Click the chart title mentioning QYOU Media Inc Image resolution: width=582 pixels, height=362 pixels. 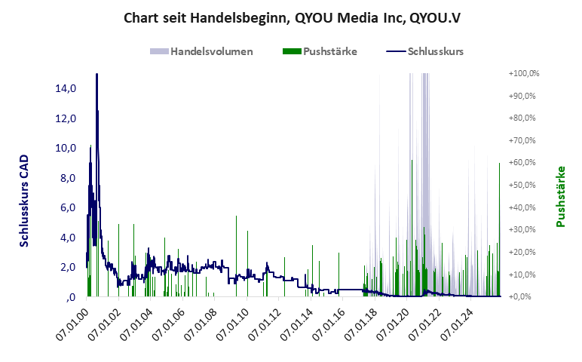[291, 18]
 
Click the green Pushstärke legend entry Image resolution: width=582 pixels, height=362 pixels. [329, 51]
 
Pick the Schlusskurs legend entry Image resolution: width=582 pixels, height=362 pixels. [435, 51]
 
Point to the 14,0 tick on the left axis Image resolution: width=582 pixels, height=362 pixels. [66, 88]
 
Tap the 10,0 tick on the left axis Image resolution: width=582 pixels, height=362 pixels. [66, 148]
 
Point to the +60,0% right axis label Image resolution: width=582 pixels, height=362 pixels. [525, 163]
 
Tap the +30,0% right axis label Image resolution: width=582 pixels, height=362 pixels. [525, 230]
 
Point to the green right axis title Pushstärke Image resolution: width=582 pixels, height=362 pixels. [560, 196]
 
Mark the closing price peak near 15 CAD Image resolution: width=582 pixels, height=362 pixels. [96, 76]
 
